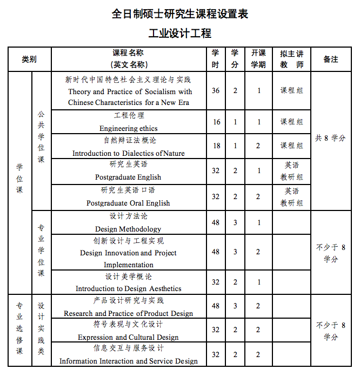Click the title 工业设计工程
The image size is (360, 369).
[x=180, y=33]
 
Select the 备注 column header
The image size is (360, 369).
[x=330, y=59]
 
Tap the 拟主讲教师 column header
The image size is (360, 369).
[x=291, y=59]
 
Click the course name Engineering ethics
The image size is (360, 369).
[x=129, y=128]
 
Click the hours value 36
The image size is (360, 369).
[x=216, y=90]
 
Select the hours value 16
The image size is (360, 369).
[x=216, y=122]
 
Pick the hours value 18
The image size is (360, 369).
[x=216, y=146]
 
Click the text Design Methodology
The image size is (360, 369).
[x=128, y=229]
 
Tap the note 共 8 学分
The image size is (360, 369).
[x=330, y=138]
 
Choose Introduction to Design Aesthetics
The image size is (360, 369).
[x=129, y=288]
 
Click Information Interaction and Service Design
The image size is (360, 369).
[x=129, y=361]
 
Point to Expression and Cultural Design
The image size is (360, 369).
[x=128, y=337]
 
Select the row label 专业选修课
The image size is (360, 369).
[x=19, y=331]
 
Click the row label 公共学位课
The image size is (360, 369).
[x=41, y=137]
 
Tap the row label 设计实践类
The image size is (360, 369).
[x=41, y=331]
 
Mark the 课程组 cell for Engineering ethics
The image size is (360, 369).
[x=291, y=122]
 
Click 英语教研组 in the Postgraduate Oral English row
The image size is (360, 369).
[x=291, y=197]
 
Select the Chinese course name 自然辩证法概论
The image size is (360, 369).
[x=130, y=140]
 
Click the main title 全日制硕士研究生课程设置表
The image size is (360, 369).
[x=180, y=14]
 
